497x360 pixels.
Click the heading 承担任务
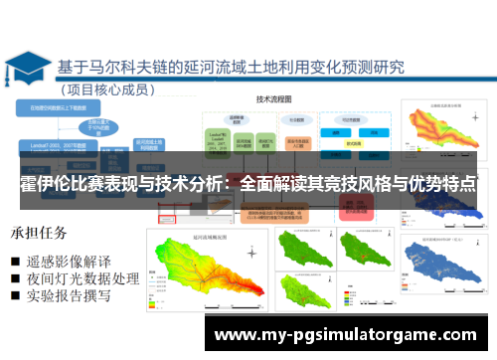pyautogui.click(x=41, y=234)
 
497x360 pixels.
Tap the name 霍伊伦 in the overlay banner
pyautogui.click(x=44, y=185)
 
